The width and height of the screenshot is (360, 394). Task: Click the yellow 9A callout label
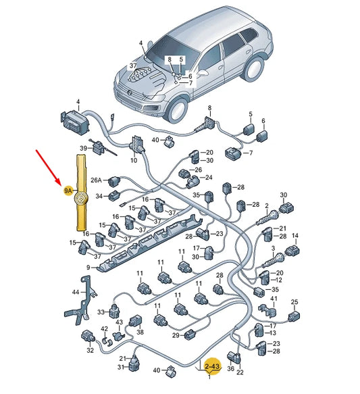pos(68,191)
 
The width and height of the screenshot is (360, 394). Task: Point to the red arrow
pos(49,168)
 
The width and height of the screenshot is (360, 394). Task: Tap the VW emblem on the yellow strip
pos(81,198)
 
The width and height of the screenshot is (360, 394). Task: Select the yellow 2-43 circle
pos(213,366)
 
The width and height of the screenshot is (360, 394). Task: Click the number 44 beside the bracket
pos(76,292)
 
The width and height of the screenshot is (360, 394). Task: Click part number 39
pos(83,148)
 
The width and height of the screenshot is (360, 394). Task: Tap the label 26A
pos(96,180)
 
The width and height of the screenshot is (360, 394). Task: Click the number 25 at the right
pos(294,302)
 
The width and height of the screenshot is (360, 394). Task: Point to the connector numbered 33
pos(114,312)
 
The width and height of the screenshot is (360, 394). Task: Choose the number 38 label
pos(140,332)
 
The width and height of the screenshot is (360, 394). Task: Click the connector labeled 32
pos(88,337)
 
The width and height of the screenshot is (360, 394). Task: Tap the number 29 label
pos(176,335)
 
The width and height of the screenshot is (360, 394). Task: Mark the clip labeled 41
pos(267,310)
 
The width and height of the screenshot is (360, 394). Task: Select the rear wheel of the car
pos(253,69)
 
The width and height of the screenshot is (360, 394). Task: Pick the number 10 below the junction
pos(134,160)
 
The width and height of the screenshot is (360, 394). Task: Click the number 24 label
pos(209,177)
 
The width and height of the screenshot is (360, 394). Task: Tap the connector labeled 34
pos(115,196)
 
